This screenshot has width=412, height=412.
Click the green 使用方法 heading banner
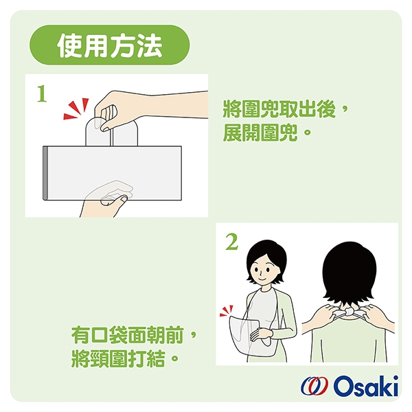point(109,45)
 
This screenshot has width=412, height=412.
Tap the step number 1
point(42,94)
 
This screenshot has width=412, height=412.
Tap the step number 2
point(231,242)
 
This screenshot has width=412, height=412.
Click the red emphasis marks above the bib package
point(76,108)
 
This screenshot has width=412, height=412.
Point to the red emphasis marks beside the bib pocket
point(226,310)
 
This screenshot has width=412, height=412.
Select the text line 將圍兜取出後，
point(286,109)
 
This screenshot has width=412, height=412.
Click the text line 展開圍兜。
point(267,133)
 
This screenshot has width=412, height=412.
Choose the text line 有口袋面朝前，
point(134,335)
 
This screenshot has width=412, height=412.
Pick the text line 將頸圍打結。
point(125,358)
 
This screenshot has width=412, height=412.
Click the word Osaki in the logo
point(366,386)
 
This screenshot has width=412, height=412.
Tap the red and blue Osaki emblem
point(314,386)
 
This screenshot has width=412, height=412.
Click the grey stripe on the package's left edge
point(45,173)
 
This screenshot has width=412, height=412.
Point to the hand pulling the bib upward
point(147,108)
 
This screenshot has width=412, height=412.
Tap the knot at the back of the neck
point(349,312)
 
